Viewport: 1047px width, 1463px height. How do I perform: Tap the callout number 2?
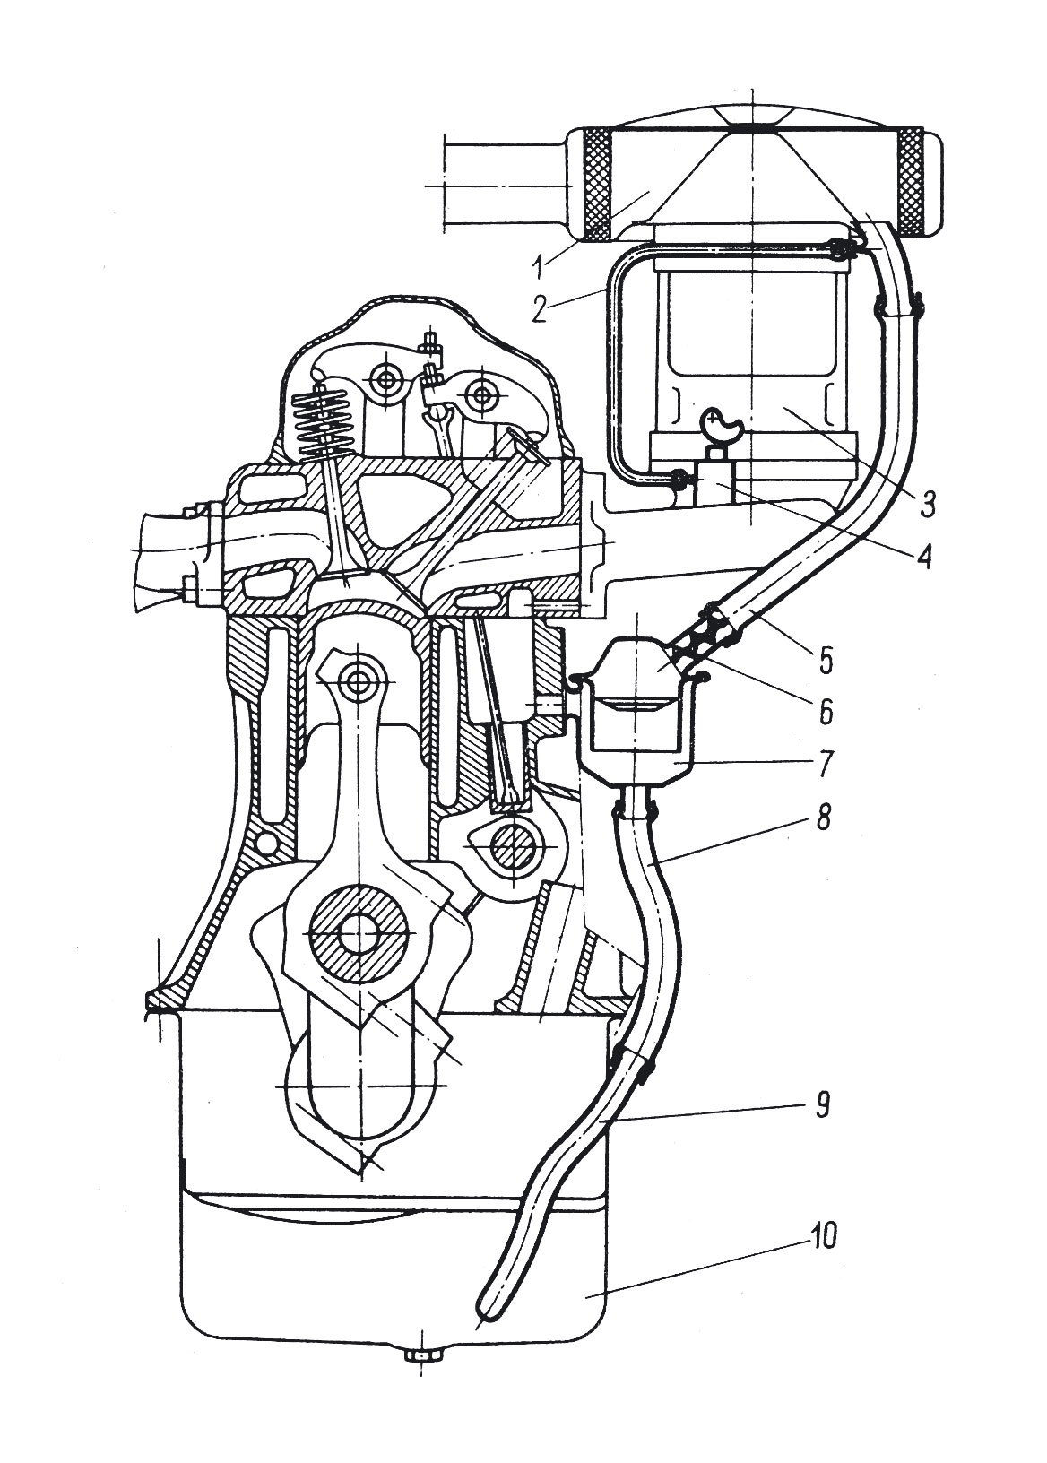coord(537,309)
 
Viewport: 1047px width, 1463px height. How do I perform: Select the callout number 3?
coord(928,501)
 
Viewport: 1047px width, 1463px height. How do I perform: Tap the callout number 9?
coord(821,1103)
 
